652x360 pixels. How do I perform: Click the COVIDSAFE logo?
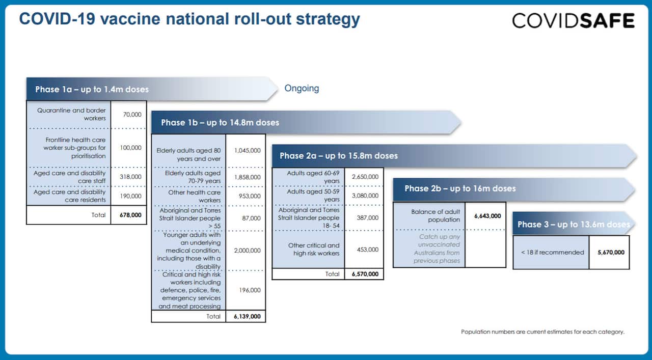point(573,21)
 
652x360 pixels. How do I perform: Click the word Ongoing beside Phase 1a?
point(302,88)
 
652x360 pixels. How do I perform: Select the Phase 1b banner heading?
point(220,122)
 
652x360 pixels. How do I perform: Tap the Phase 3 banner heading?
point(573,224)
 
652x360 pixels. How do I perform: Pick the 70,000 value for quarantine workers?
point(132,115)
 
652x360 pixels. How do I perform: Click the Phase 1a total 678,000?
point(131,215)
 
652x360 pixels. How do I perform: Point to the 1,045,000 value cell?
point(248,151)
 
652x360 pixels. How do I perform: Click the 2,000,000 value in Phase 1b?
point(248,251)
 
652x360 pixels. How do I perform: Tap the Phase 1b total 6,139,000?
point(248,316)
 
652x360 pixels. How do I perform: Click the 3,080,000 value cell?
point(365,196)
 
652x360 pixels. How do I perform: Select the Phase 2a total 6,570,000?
point(365,274)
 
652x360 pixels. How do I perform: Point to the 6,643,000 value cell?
point(487,216)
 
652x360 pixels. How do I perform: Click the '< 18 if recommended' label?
point(552,252)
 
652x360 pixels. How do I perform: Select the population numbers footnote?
point(542,332)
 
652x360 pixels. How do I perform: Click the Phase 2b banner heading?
point(460,188)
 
